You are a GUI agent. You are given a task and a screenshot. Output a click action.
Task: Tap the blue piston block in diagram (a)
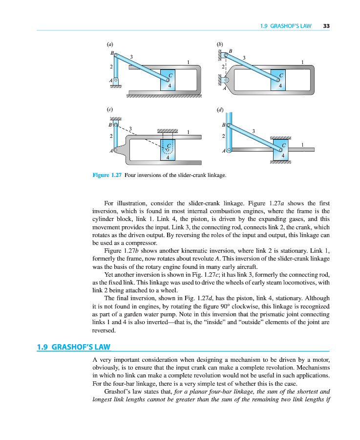click(x=169, y=80)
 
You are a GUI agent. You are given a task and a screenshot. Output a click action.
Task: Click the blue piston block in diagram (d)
click(x=282, y=150)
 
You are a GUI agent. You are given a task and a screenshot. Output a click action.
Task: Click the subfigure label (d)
click(x=219, y=110)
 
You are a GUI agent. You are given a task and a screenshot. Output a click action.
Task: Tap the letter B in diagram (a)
click(x=112, y=52)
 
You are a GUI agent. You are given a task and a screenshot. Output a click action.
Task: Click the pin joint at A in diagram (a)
click(x=116, y=79)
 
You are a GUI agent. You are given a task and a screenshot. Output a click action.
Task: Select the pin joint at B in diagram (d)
click(x=228, y=126)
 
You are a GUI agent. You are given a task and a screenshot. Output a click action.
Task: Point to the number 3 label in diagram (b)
click(x=244, y=58)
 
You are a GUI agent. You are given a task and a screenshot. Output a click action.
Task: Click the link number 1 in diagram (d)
click(x=303, y=145)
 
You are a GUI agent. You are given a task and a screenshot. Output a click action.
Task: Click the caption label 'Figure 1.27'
click(x=106, y=175)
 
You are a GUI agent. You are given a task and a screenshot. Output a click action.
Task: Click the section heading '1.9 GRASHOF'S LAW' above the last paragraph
click(x=74, y=347)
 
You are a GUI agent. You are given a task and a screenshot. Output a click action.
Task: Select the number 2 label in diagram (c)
click(x=112, y=136)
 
